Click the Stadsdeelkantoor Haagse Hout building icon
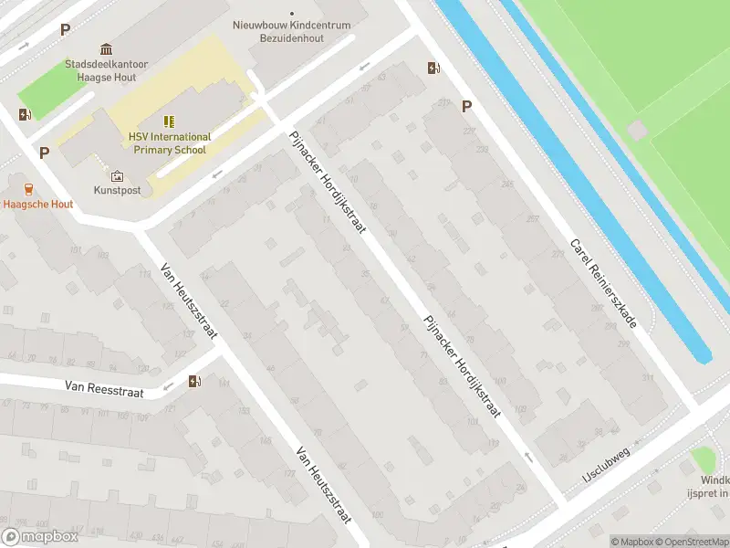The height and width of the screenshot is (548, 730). pyautogui.click(x=107, y=48)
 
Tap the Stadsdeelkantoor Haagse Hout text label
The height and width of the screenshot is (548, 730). pyautogui.click(x=107, y=71)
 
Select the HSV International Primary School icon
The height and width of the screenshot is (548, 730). pyautogui.click(x=169, y=121)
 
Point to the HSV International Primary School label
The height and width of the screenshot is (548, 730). pyautogui.click(x=169, y=143)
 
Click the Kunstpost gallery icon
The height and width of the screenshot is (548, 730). pyautogui.click(x=117, y=175)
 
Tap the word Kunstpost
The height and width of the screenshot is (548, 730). pyautogui.click(x=117, y=191)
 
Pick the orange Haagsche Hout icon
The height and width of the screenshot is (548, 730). pyautogui.click(x=28, y=189)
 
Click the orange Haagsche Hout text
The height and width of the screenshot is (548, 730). pyautogui.click(x=37, y=205)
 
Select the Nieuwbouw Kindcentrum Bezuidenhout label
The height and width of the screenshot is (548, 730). pyautogui.click(x=291, y=32)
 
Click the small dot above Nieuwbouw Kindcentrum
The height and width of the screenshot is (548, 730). pyautogui.click(x=292, y=14)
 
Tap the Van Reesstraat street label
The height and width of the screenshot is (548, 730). pyautogui.click(x=104, y=388)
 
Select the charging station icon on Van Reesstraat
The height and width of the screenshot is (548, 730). pyautogui.click(x=193, y=382)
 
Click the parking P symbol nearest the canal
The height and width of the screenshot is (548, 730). pyautogui.click(x=466, y=106)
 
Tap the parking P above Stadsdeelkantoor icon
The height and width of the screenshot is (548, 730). pyautogui.click(x=65, y=29)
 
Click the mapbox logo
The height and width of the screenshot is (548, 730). pyautogui.click(x=40, y=537)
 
